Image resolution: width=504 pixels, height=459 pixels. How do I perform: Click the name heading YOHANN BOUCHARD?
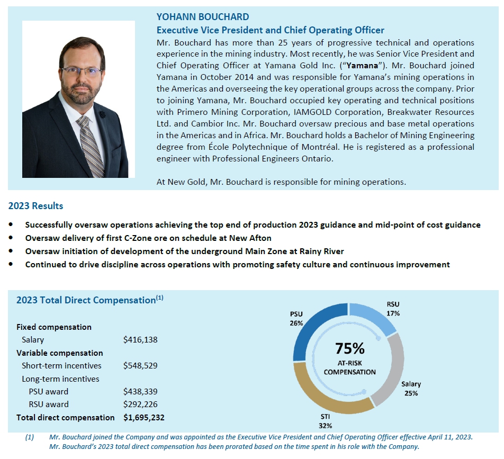(203, 17)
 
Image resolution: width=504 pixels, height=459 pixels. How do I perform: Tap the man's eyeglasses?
(80, 72)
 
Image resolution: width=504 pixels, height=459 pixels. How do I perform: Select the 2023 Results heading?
(35, 206)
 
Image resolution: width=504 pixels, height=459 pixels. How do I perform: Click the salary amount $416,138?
(140, 340)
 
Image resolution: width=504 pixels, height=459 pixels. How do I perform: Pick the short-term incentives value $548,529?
(140, 365)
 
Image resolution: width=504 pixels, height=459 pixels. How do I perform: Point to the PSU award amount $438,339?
(140, 391)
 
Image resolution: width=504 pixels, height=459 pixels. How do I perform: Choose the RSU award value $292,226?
(140, 404)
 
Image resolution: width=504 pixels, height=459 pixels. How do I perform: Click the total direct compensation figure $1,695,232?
(143, 417)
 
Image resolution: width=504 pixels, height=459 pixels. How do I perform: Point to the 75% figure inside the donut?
(349, 348)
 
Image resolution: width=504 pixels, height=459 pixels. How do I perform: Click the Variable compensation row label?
(60, 353)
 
